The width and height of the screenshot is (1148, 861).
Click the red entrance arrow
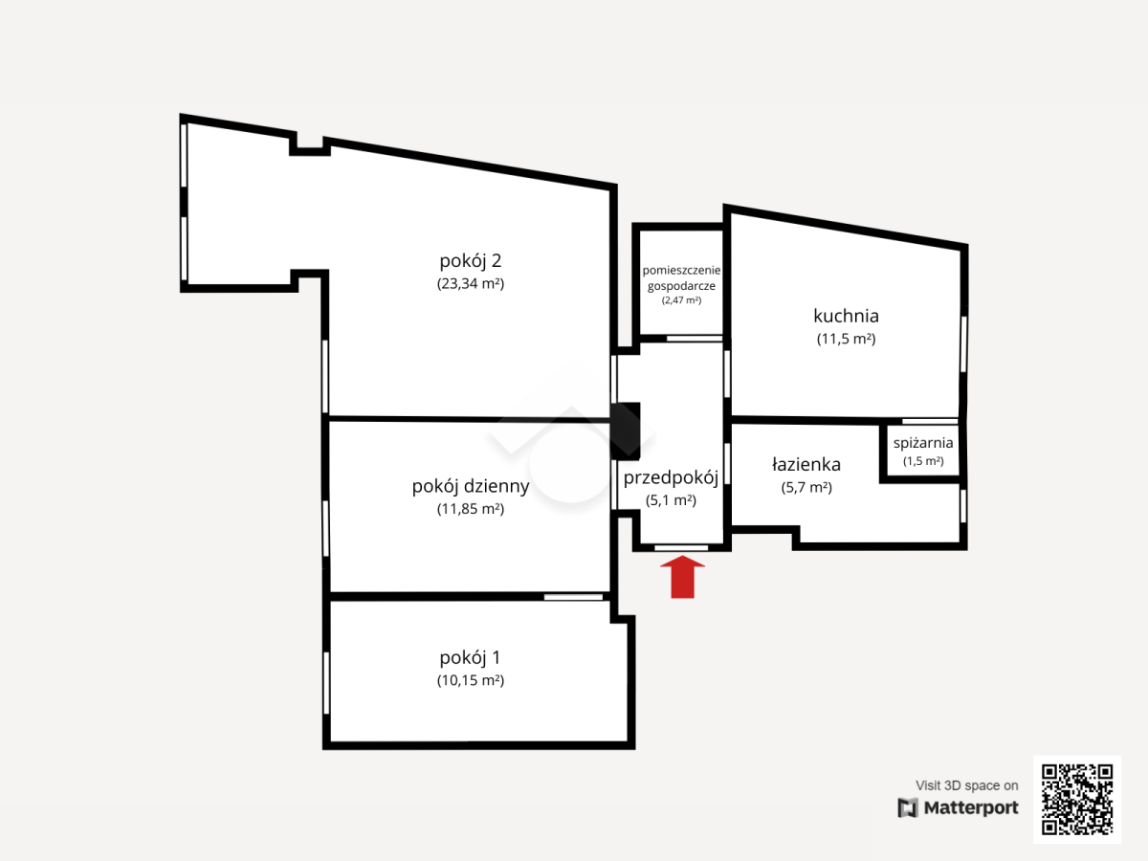pos(682,577)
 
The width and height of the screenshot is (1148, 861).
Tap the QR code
pos(1077,800)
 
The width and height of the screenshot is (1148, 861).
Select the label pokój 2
pos(470,260)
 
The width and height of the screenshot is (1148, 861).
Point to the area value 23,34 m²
pos(471,283)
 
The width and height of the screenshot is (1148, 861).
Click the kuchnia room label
pos(846,316)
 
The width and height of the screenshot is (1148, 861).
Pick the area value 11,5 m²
pos(847,339)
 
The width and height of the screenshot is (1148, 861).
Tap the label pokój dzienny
pos(471,486)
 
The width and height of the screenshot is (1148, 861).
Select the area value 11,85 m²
pos(471,509)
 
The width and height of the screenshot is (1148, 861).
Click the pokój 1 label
pos(470,657)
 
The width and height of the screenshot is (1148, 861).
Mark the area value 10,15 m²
pos(471,680)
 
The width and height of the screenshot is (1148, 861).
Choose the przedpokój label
pos(671,477)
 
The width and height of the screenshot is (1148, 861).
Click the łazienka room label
pos(806,464)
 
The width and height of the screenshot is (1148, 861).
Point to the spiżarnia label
pos(923,443)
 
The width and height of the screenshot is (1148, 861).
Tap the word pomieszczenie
pos(681,271)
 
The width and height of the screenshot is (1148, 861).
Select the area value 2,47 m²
pos(681,300)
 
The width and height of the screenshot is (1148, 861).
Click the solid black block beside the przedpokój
pos(626,431)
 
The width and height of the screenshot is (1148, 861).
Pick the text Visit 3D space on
pos(966,785)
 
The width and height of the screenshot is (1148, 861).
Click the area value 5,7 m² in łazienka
pos(806,487)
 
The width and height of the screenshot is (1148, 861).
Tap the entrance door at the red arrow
pos(681,548)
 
